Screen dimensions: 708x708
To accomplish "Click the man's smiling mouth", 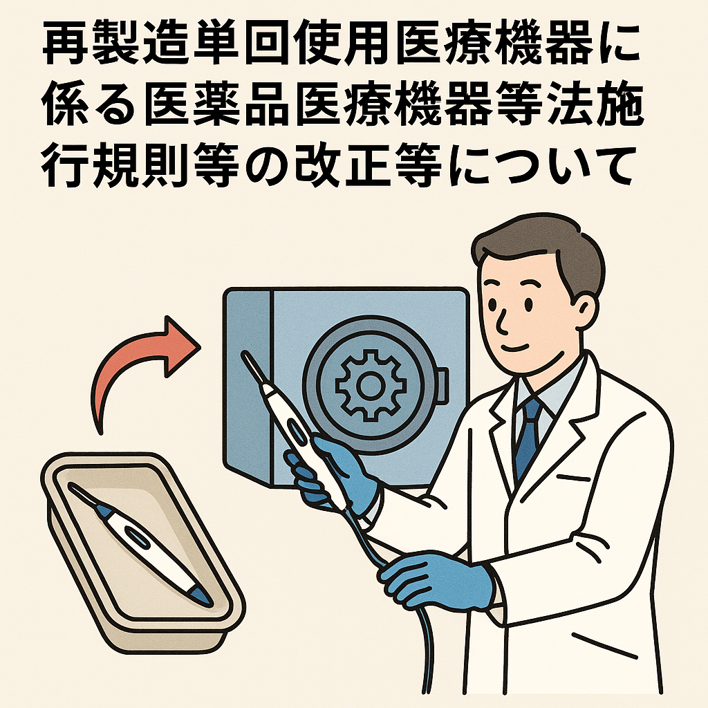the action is pyautogui.click(x=515, y=348).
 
